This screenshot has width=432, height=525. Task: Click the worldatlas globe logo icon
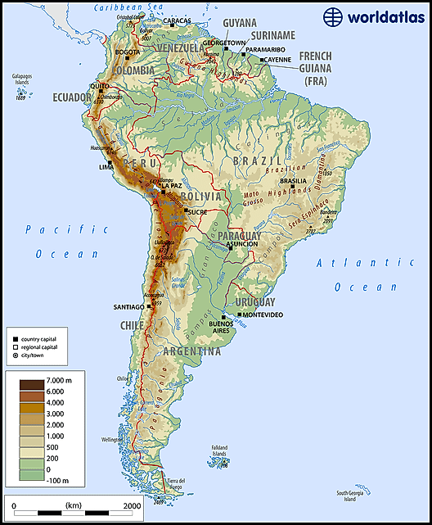click(x=332, y=17)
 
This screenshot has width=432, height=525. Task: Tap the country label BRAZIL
click(x=258, y=161)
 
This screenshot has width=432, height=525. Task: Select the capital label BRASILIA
click(x=292, y=182)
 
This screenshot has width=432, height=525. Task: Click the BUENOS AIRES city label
click(x=223, y=327)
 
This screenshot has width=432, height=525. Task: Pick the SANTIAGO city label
click(x=128, y=307)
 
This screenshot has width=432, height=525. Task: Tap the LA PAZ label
click(x=172, y=186)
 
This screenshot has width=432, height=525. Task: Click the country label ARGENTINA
click(x=192, y=351)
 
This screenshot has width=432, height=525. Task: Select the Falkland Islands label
click(x=219, y=453)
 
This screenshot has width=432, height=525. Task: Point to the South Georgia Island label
click(x=353, y=496)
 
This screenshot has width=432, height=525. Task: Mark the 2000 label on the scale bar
click(x=131, y=506)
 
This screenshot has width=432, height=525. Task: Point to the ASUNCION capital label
click(x=242, y=243)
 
